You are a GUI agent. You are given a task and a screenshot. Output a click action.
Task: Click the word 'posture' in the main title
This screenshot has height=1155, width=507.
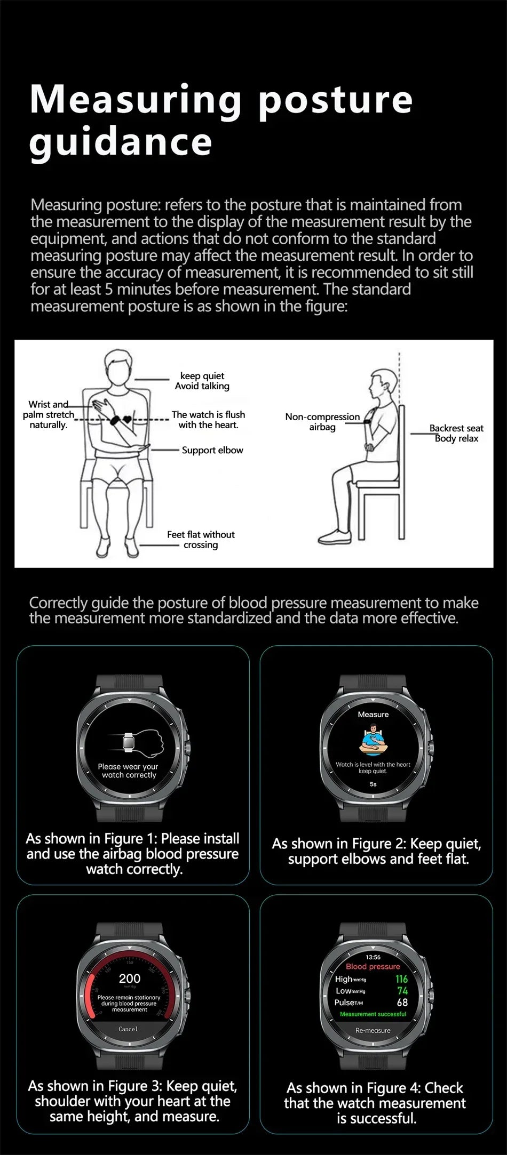[x=335, y=100]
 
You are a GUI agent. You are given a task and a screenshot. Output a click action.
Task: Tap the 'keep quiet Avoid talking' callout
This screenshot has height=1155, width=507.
[x=202, y=381]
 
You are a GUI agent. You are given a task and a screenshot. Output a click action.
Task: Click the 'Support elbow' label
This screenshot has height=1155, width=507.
[x=212, y=450]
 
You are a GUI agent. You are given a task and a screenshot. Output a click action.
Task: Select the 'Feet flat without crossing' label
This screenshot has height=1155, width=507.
[x=201, y=539]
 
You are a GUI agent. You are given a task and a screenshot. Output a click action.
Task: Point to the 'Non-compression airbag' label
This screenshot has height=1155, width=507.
[x=322, y=422]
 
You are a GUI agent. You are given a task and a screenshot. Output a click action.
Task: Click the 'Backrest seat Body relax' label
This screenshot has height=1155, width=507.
[x=456, y=433]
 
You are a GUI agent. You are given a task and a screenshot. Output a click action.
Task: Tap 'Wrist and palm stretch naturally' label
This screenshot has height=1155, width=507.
[x=49, y=414]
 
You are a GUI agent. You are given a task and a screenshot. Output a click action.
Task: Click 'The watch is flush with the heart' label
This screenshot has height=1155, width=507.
[x=208, y=420]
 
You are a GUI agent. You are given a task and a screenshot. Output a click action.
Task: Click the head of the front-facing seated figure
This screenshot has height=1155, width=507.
[x=118, y=366]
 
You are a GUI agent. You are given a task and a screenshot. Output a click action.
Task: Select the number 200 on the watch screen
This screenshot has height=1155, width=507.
[x=130, y=978]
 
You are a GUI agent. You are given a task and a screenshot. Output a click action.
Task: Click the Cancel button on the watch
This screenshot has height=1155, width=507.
[x=128, y=1029]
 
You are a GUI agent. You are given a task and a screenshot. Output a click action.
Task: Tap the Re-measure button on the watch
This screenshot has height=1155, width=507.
[x=373, y=1031]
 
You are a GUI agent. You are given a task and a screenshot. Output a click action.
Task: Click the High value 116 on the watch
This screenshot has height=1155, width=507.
[x=401, y=979]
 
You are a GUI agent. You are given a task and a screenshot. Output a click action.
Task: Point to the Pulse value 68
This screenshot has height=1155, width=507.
[x=402, y=1002]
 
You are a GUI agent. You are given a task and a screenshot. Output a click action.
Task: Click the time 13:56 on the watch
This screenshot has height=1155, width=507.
[x=373, y=957]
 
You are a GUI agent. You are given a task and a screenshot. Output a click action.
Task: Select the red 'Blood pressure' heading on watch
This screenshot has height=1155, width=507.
[x=373, y=966]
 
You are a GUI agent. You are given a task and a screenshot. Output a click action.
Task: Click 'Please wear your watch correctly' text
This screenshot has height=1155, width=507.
[x=129, y=771]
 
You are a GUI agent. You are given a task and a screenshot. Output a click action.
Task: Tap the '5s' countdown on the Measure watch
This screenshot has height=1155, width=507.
[x=373, y=784]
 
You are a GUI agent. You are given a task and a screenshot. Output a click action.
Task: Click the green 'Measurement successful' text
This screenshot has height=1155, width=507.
[x=373, y=1014]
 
